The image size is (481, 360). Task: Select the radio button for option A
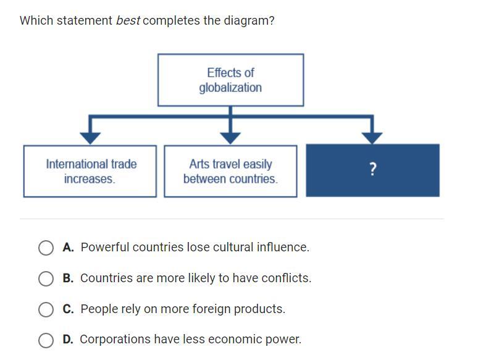pos(46,248)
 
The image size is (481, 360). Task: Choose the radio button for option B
pos(46,278)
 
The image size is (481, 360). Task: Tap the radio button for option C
pos(46,309)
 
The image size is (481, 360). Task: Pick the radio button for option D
pos(46,340)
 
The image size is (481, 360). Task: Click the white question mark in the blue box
pos(372,169)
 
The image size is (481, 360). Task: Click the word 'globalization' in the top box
pos(230,88)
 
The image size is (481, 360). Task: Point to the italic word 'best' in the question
pos(128,20)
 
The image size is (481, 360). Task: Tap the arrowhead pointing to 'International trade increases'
pos(90,138)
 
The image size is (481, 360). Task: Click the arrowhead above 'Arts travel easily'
pos(230,138)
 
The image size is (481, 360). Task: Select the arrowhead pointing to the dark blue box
pos(372,138)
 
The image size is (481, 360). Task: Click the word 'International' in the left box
pos(77,164)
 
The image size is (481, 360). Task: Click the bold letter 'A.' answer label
pos(68,247)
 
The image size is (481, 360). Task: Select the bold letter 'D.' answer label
pos(68,339)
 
